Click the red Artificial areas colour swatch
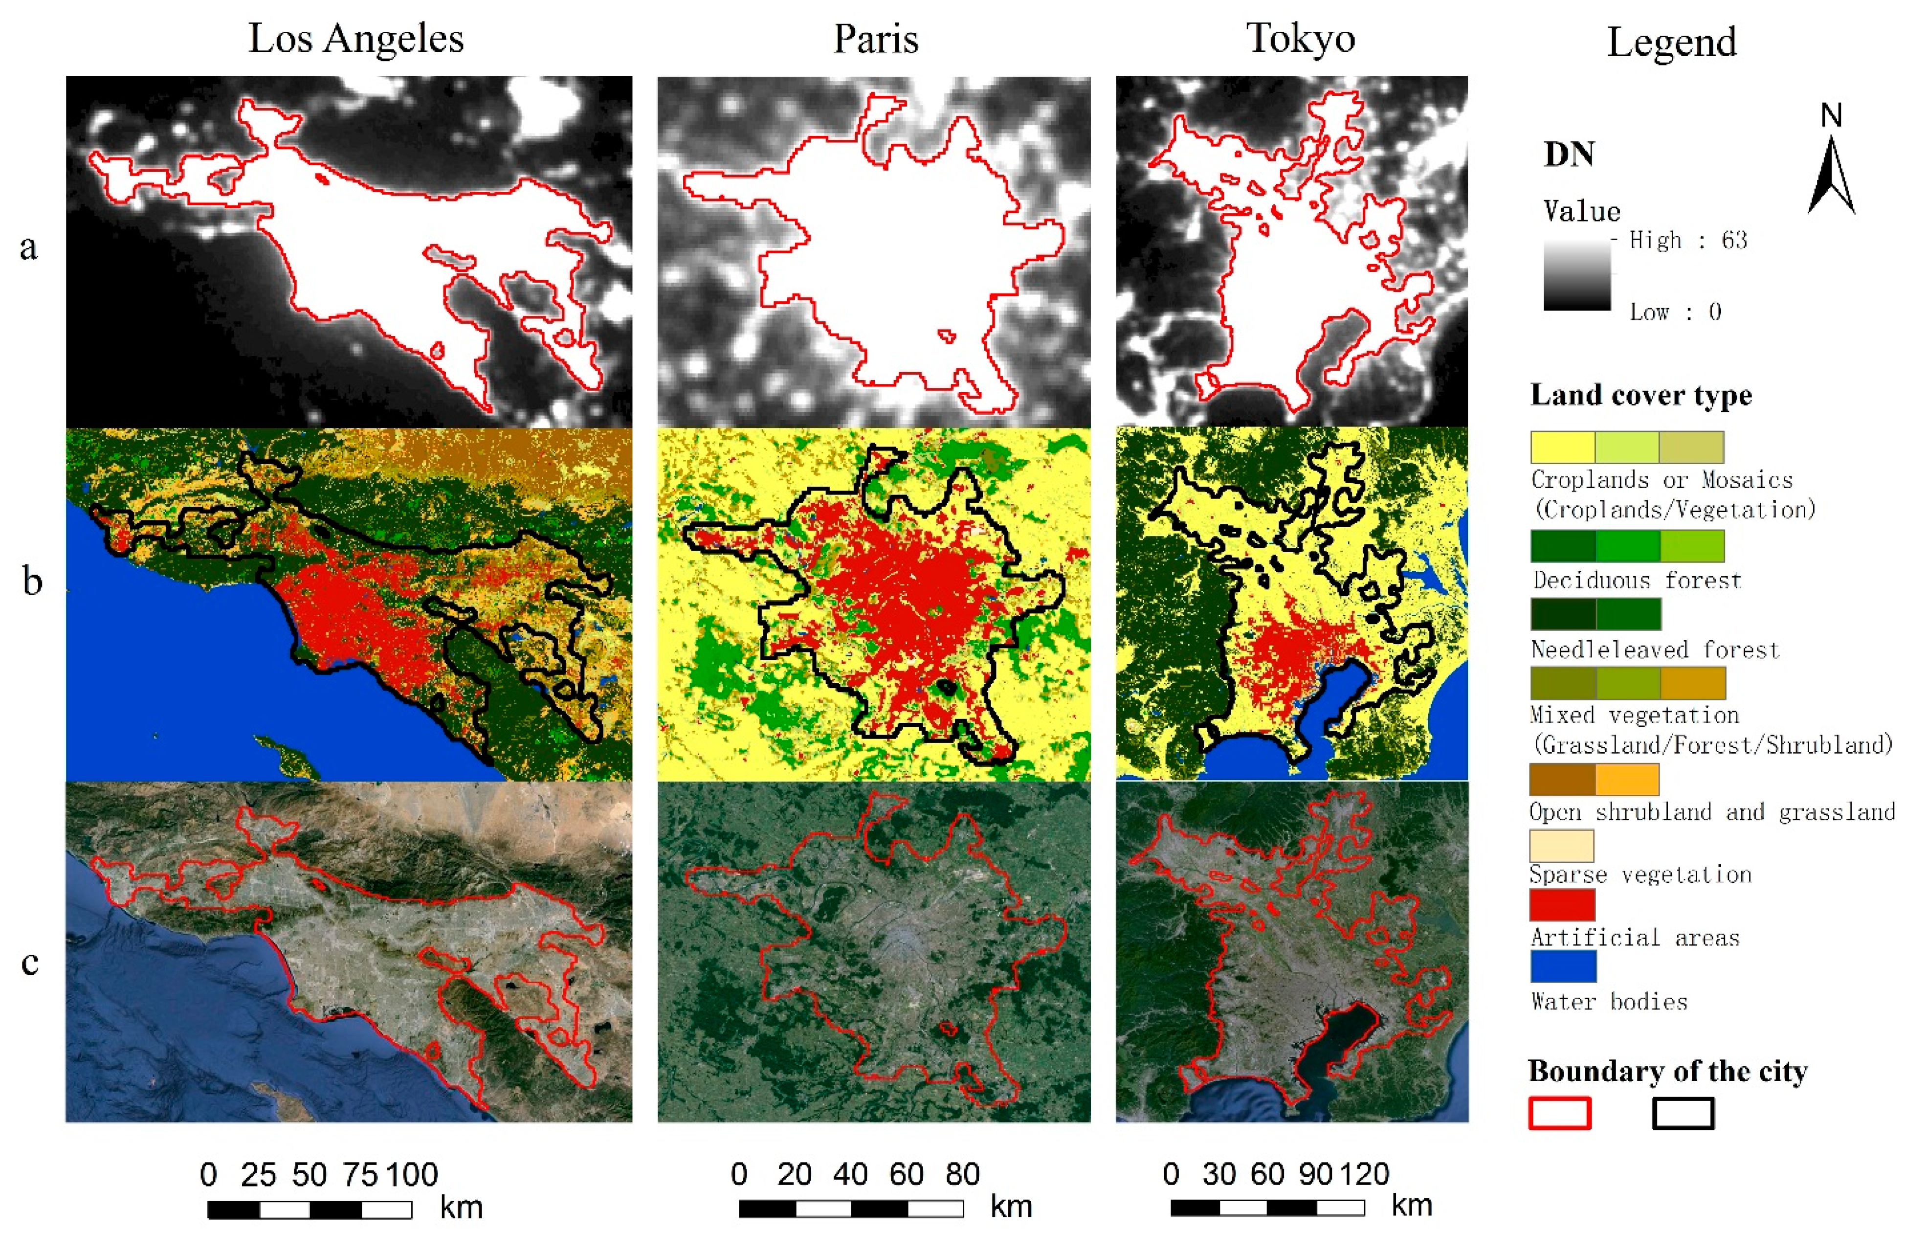pyautogui.click(x=1562, y=905)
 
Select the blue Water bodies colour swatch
pyautogui.click(x=1562, y=965)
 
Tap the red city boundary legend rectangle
pyautogui.click(x=1559, y=1113)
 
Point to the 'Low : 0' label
pyautogui.click(x=1675, y=312)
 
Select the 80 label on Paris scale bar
pyautogui.click(x=962, y=1174)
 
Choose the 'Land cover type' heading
pyautogui.click(x=1641, y=395)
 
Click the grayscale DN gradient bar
pyautogui.click(x=1577, y=274)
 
